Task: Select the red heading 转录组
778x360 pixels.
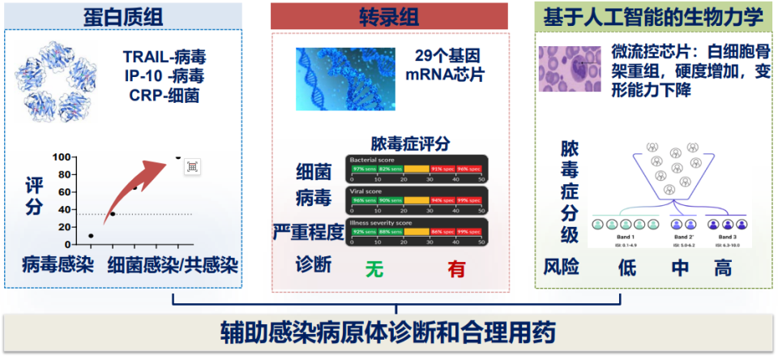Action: click(x=388, y=15)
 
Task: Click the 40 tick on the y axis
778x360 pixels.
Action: click(x=65, y=210)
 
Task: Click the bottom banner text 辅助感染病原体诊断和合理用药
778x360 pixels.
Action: click(x=388, y=333)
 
